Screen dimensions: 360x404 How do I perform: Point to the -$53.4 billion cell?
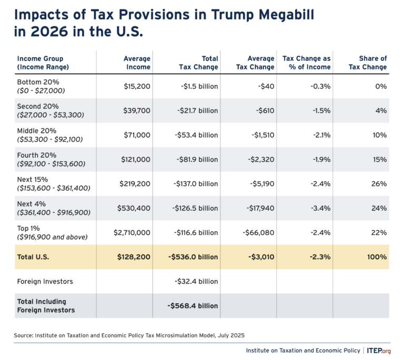tap(196, 135)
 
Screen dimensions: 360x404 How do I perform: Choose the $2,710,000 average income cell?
tap(132, 233)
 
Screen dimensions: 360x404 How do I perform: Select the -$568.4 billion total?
tap(194, 305)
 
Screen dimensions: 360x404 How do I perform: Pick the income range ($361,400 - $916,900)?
tap(54, 212)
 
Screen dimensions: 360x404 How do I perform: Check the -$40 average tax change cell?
tap(265, 86)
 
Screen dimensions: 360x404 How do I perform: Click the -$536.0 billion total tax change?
tap(194, 258)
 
